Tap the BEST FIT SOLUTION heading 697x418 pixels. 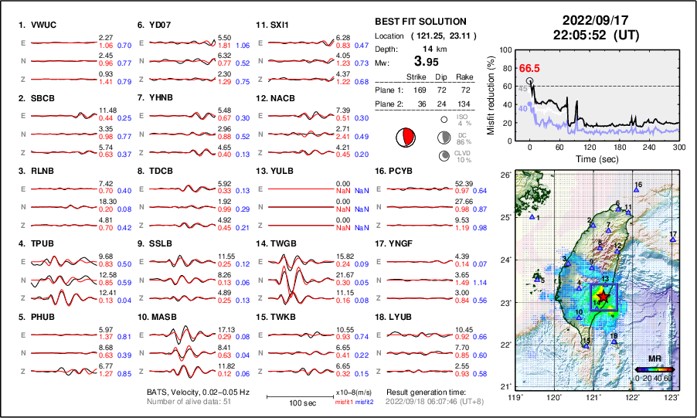[x=420, y=22]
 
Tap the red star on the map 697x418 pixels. [x=603, y=297]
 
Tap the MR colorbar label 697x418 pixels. [x=654, y=359]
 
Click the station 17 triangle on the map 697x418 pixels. [x=672, y=240]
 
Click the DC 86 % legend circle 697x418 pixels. [x=445, y=138]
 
